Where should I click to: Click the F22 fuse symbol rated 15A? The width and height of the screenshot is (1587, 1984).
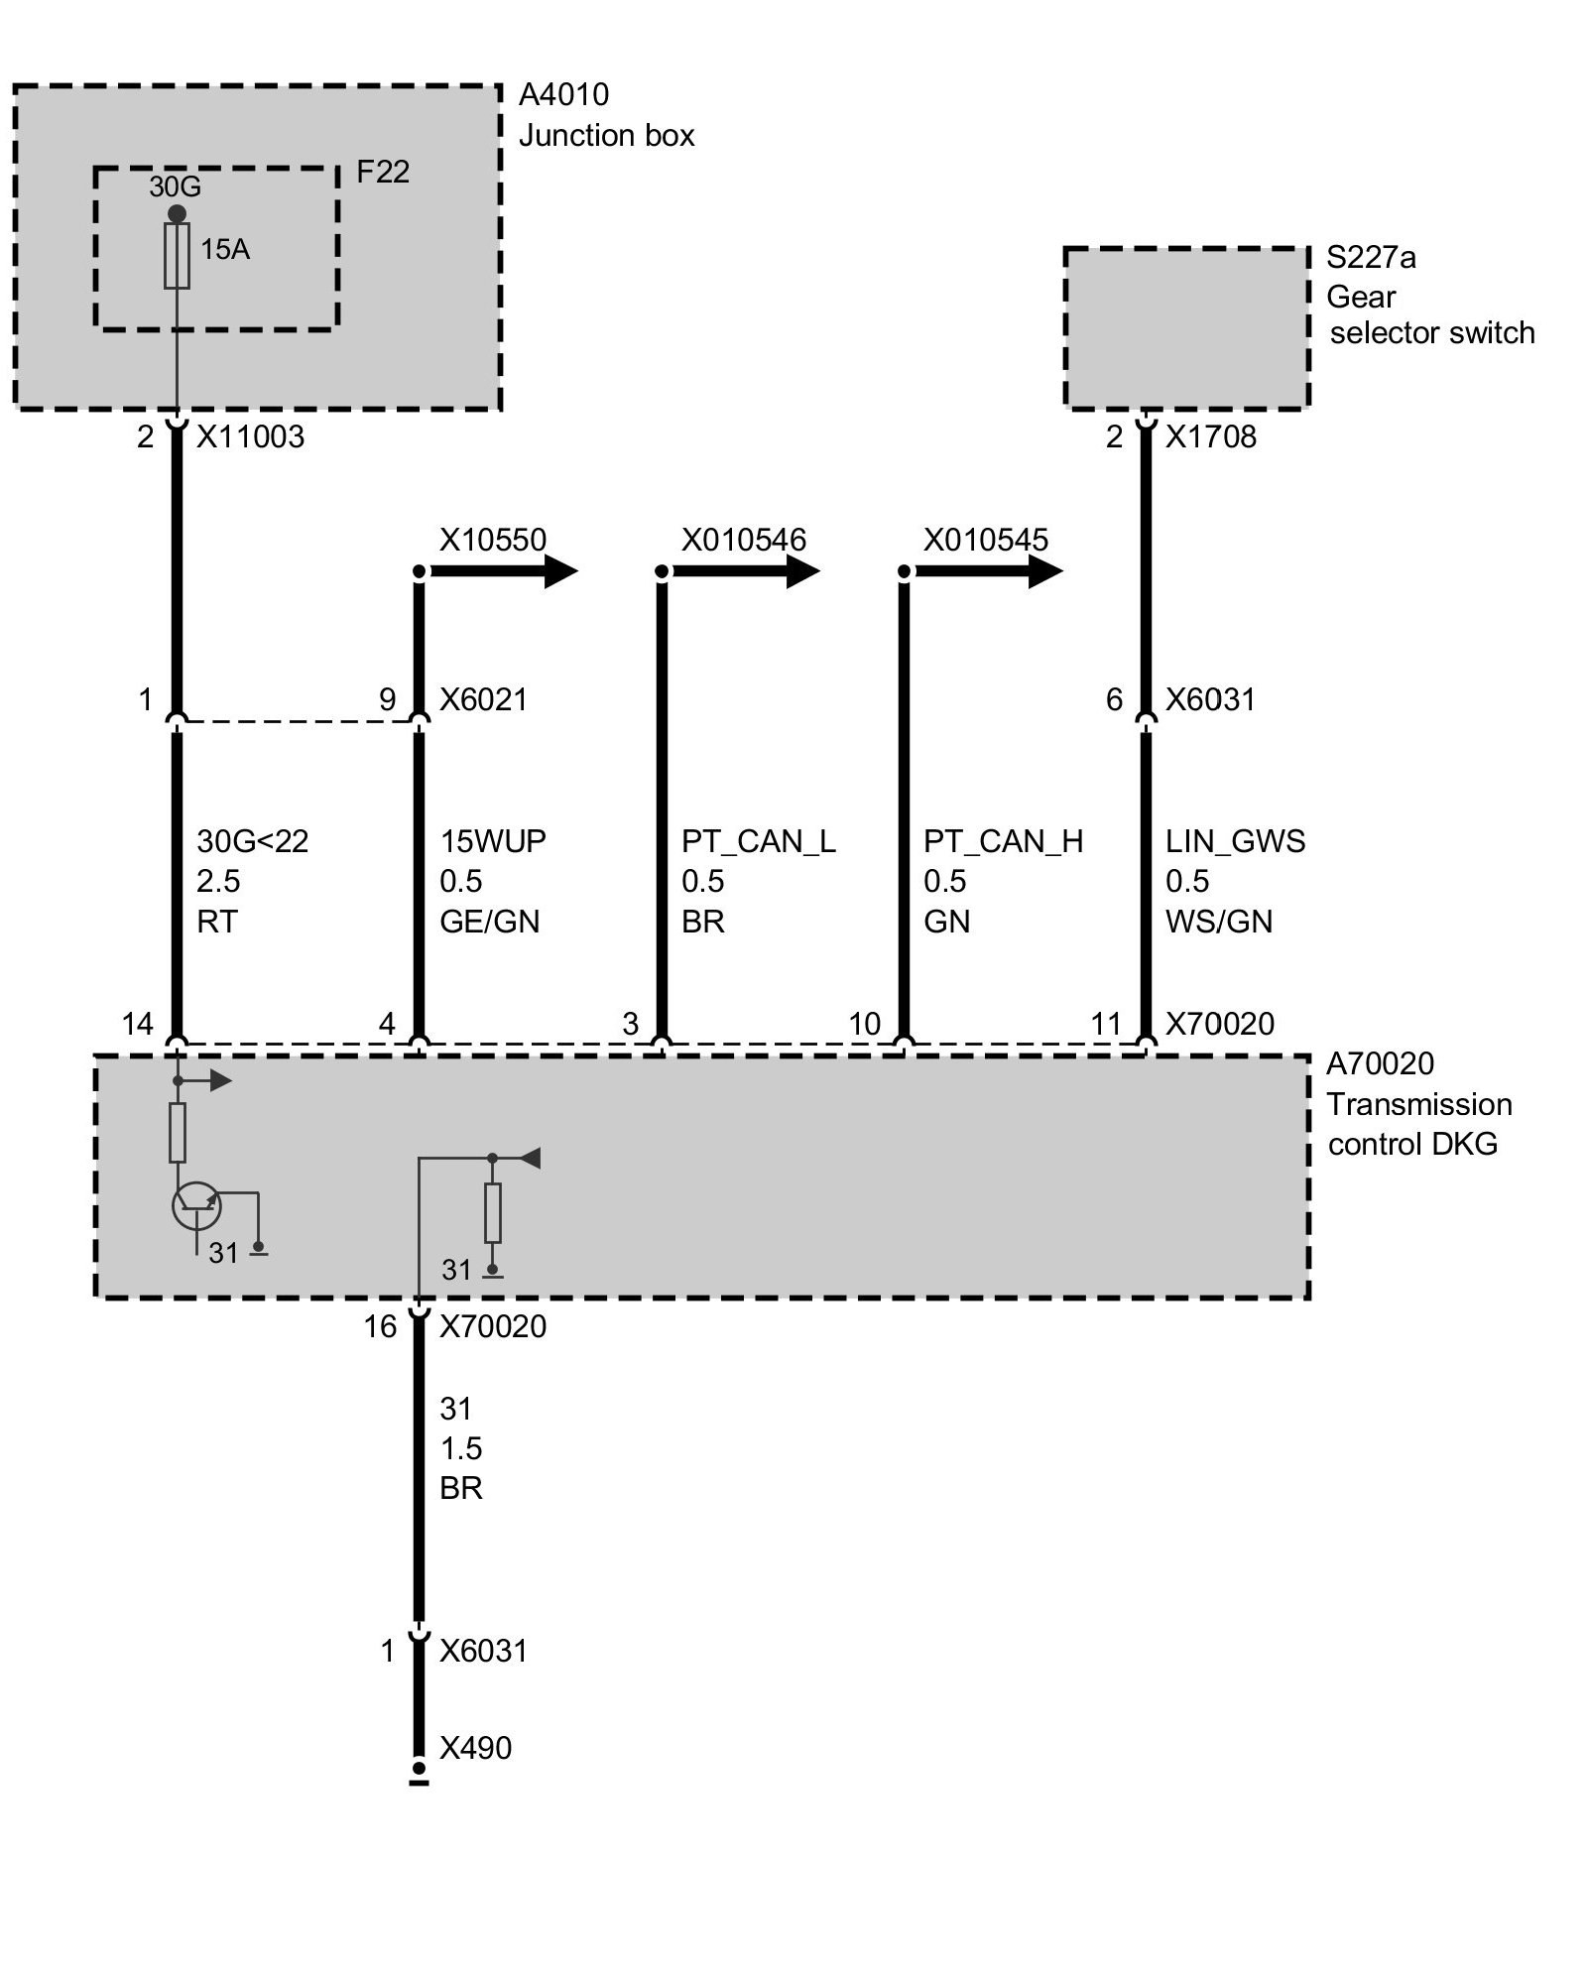pyautogui.click(x=177, y=255)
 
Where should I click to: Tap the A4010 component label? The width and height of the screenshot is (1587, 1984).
pyautogui.click(x=563, y=95)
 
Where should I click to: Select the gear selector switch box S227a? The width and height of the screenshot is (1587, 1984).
pyautogui.click(x=1186, y=327)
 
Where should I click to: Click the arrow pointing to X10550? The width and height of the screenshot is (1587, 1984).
pyautogui.click(x=506, y=571)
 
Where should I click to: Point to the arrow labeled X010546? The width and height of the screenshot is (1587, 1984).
pyautogui.click(x=748, y=571)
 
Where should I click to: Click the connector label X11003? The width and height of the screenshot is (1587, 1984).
pyautogui.click(x=250, y=437)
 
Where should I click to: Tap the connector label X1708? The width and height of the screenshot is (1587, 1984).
pyautogui.click(x=1210, y=437)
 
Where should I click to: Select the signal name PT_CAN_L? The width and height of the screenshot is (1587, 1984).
pyautogui.click(x=758, y=841)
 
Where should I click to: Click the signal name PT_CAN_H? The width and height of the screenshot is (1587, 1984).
pyautogui.click(x=1003, y=841)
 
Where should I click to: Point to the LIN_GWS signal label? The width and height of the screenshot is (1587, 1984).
pyautogui.click(x=1235, y=841)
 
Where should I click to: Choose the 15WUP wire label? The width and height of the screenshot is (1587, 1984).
pyautogui.click(x=493, y=841)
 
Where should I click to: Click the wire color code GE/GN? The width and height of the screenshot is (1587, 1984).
pyautogui.click(x=490, y=922)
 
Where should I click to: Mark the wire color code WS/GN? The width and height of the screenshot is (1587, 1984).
pyautogui.click(x=1219, y=922)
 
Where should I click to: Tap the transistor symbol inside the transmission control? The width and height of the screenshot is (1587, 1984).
pyautogui.click(x=196, y=1205)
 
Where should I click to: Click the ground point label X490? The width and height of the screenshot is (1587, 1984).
pyautogui.click(x=475, y=1747)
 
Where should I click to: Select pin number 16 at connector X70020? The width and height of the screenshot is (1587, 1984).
pyautogui.click(x=380, y=1326)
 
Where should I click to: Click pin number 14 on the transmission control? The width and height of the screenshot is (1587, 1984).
pyautogui.click(x=137, y=1024)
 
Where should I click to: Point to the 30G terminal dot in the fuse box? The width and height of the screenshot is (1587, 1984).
pyautogui.click(x=177, y=214)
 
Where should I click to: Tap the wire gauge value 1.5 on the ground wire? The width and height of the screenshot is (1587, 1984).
pyautogui.click(x=461, y=1448)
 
